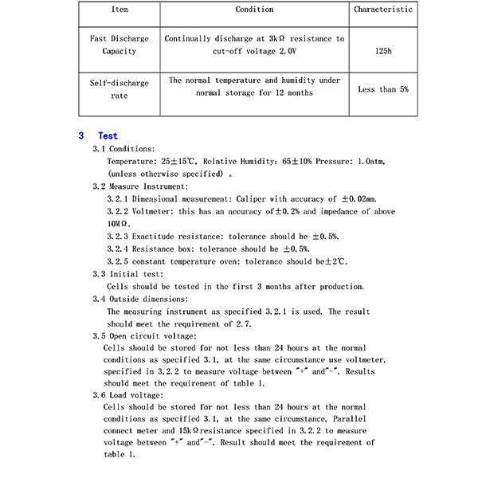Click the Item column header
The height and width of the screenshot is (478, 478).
pos(119,10)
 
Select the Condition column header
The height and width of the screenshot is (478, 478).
pos(255,10)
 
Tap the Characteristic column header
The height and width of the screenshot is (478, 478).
pos(383,10)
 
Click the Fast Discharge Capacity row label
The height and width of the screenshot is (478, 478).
pos(119,45)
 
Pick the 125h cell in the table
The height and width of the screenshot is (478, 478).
pos(383,51)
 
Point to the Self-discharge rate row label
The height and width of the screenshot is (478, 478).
pos(119,89)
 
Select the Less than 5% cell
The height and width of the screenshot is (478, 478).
pos(383,90)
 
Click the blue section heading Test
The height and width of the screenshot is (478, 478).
pos(108,136)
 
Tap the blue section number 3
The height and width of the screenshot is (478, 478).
pos(81,136)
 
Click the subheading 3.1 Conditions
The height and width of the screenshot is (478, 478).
pos(124,149)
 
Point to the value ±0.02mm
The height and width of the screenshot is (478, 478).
pos(358,199)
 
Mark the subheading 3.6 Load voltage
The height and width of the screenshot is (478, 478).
pos(128,395)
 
